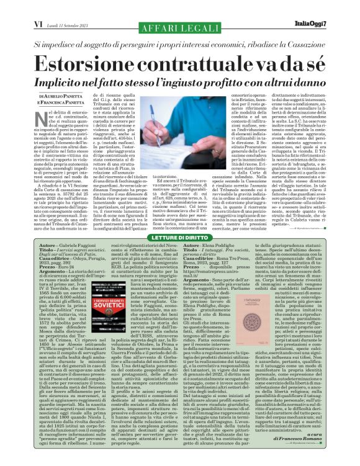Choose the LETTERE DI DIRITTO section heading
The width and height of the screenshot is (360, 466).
[180, 238]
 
